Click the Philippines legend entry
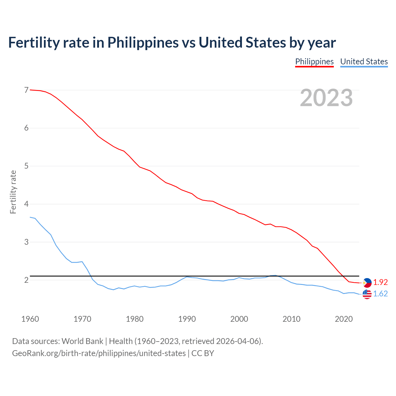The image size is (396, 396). click(314, 62)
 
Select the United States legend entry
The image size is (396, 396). click(364, 62)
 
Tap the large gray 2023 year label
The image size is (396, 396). click(326, 98)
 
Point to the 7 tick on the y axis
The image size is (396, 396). click(26, 90)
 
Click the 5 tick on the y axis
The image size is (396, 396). click(26, 166)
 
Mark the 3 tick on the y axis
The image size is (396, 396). click(26, 242)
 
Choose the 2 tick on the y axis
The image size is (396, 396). click(26, 280)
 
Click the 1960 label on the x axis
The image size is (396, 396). click(30, 319)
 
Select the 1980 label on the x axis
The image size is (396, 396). click(135, 319)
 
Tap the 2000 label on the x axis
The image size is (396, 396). click(239, 319)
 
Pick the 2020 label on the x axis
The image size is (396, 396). click(344, 319)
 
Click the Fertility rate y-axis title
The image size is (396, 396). click(13, 192)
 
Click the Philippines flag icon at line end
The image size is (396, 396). click(367, 283)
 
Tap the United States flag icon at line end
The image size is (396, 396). click(367, 294)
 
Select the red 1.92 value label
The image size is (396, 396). click(380, 282)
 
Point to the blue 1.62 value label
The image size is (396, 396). click(380, 294)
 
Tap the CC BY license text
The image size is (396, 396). click(203, 353)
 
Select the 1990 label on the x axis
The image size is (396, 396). click(187, 319)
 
